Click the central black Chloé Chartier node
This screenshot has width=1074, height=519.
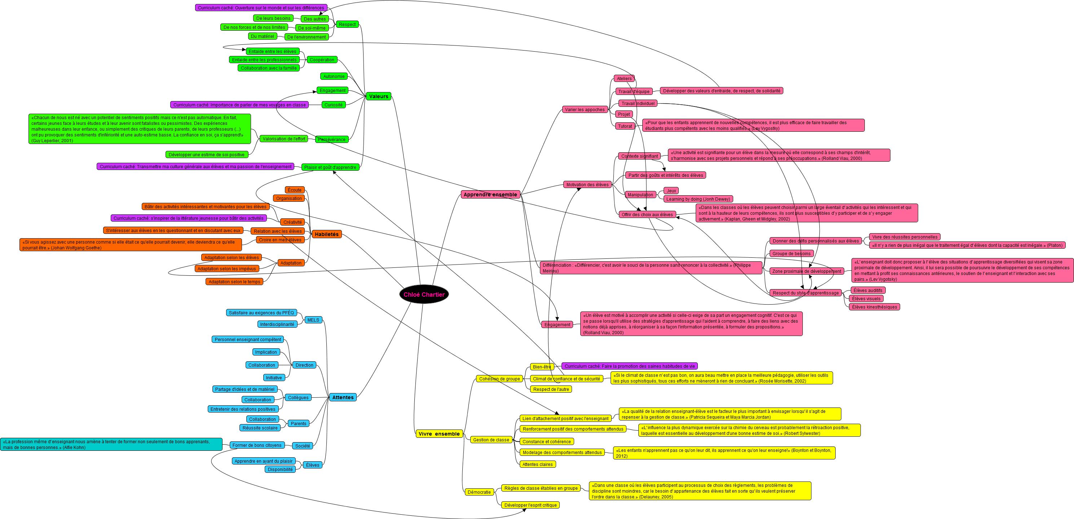[424, 295]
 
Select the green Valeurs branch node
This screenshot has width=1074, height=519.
[378, 96]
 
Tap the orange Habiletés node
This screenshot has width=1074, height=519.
[326, 235]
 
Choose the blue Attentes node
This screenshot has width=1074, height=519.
[343, 398]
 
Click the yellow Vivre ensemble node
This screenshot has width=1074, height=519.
[439, 434]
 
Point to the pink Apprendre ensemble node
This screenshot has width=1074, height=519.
[490, 195]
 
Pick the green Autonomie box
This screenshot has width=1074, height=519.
[334, 77]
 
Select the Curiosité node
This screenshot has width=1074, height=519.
[334, 105]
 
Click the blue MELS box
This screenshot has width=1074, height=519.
[313, 320]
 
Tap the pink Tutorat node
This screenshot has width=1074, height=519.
[625, 126]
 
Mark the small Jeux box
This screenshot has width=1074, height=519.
[671, 191]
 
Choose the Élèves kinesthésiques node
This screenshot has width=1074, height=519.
[874, 307]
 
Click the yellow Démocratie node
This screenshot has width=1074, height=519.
[479, 492]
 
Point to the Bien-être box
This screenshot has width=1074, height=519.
[542, 367]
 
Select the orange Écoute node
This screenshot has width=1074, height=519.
[294, 190]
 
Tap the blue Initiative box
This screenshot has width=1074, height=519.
[274, 378]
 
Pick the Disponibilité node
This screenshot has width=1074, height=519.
[280, 469]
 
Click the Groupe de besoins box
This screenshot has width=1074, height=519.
[791, 253]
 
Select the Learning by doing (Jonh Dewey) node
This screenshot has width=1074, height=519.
[698, 199]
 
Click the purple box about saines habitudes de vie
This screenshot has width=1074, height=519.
[630, 366]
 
